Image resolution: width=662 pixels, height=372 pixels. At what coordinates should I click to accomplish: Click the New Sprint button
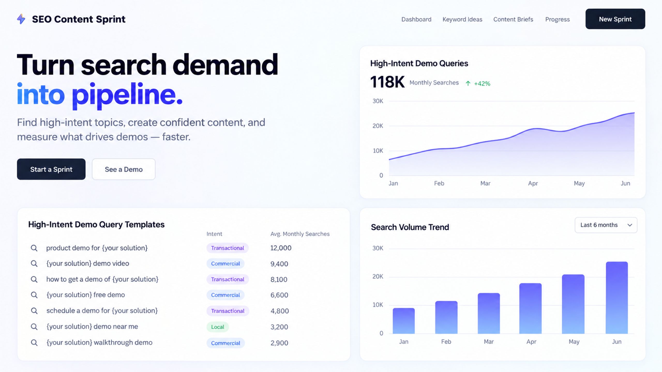click(615, 19)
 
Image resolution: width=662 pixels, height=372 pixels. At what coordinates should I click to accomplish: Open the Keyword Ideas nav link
click(462, 19)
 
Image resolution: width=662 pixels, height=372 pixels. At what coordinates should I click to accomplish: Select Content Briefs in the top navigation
click(513, 19)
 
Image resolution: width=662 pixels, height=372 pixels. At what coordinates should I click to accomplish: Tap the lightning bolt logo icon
click(21, 19)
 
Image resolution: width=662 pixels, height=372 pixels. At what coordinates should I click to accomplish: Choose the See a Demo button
click(124, 169)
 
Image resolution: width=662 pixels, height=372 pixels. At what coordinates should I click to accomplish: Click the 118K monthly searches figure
click(387, 82)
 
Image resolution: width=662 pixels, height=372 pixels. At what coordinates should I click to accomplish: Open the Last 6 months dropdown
click(606, 225)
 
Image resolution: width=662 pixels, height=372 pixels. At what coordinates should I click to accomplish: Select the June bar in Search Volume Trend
click(617, 298)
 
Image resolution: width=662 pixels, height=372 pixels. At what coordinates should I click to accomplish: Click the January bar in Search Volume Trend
click(404, 321)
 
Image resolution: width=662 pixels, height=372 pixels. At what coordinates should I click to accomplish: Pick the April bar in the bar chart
click(530, 308)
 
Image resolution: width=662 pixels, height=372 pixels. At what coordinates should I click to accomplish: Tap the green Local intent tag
click(217, 327)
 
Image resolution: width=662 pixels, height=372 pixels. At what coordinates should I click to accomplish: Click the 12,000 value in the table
click(281, 248)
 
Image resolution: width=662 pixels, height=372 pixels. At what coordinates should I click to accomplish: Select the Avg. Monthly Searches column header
click(300, 234)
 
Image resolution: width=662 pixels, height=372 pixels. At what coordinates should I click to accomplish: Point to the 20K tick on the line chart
click(378, 126)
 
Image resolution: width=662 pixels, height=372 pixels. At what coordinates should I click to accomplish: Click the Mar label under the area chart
click(485, 183)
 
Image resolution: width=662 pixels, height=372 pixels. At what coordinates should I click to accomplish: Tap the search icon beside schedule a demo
click(34, 311)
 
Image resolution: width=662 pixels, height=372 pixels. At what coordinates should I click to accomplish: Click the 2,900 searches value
click(279, 343)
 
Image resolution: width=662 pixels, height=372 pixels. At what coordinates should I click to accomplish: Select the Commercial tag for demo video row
click(225, 263)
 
